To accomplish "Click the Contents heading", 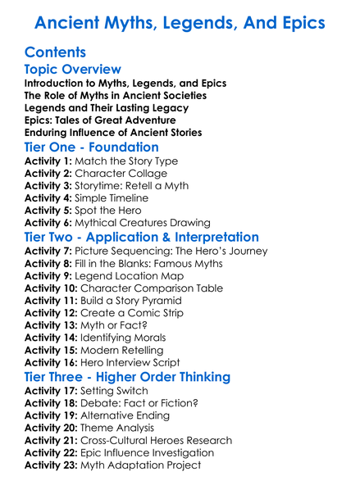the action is coord(55,52).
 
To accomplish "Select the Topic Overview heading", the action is coord(73,70).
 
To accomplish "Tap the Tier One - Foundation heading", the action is coord(92,147).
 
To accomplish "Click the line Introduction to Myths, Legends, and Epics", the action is coord(125,84).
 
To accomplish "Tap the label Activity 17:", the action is coord(51,392).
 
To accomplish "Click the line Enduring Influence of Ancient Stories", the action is coord(113,133).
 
